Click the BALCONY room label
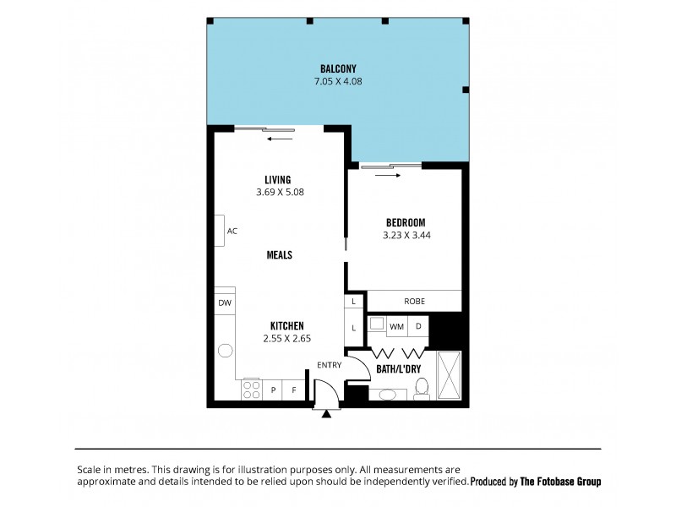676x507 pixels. (x=337, y=68)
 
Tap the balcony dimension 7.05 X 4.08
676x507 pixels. (x=337, y=82)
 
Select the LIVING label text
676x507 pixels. (x=277, y=179)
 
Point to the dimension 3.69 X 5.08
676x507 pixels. (x=279, y=192)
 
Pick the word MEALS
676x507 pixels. (x=279, y=254)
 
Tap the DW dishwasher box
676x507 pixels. (x=224, y=303)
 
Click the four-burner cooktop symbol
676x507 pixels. (x=252, y=390)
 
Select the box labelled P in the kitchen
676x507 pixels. (x=274, y=390)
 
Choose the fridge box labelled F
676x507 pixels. (x=294, y=390)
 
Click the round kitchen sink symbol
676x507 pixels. (x=225, y=351)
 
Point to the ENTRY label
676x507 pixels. (x=329, y=365)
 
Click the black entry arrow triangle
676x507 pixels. (x=326, y=414)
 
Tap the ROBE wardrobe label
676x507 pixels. (x=413, y=301)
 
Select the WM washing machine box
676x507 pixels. (x=396, y=325)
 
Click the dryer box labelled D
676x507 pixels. (x=418, y=325)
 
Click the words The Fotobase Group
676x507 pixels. (x=559, y=481)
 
